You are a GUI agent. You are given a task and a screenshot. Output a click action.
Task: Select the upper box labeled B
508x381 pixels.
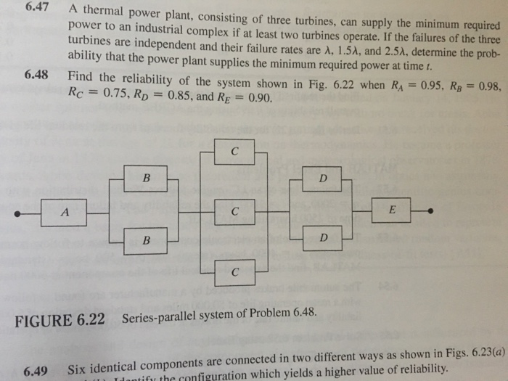(x=145, y=179)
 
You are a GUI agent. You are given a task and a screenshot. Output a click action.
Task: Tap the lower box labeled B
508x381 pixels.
(x=145, y=241)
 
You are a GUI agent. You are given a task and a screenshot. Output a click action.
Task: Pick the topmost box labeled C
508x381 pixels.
(x=234, y=152)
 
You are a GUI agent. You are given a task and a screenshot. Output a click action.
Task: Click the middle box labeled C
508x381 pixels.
(x=234, y=212)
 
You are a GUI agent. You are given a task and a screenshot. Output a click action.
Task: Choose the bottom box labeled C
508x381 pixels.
(x=234, y=272)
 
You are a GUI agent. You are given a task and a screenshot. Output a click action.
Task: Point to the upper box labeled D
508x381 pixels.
(x=323, y=178)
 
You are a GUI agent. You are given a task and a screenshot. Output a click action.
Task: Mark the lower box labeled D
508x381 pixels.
(x=323, y=238)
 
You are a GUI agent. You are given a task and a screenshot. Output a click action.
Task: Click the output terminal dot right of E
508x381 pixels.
(x=432, y=210)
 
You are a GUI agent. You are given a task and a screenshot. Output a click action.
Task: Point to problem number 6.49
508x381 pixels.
(x=36, y=372)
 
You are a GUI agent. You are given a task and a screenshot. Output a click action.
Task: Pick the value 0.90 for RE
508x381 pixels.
(x=261, y=97)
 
